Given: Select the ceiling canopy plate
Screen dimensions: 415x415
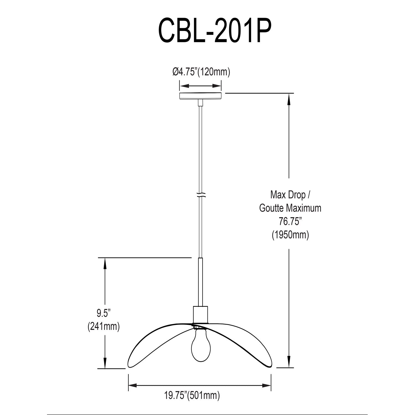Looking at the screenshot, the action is pyautogui.click(x=201, y=96).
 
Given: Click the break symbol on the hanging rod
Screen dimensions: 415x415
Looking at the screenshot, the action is pyautogui.click(x=201, y=194).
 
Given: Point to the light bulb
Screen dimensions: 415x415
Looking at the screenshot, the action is pyautogui.click(x=201, y=345).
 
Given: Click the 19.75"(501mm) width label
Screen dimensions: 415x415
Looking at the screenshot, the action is pyautogui.click(x=192, y=396).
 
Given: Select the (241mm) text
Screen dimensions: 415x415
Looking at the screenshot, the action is pyautogui.click(x=103, y=327).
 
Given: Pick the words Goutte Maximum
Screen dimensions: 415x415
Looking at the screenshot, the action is pyautogui.click(x=290, y=208).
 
